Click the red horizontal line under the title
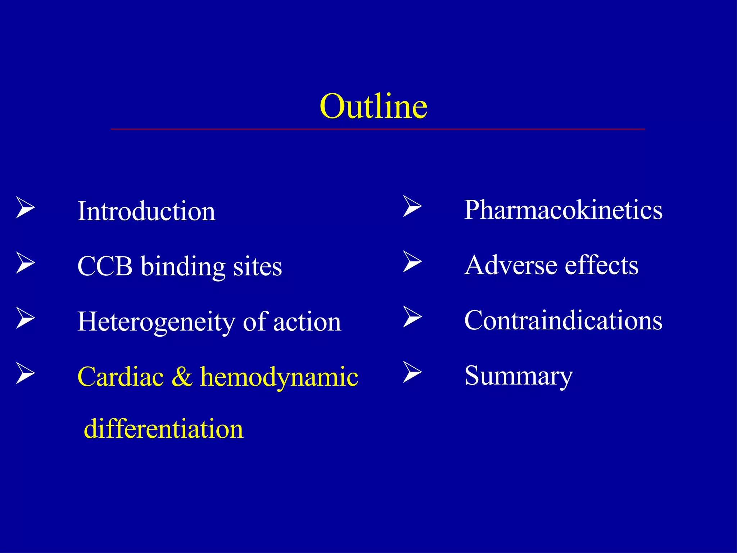coord(377,129)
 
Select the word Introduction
coord(146,211)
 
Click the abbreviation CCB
coord(105,266)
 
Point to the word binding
coord(183,267)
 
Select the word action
coord(307,322)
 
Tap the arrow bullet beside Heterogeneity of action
coord(25,318)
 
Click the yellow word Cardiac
coord(121,377)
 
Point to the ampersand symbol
coord(182,377)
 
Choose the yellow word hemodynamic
coord(279,377)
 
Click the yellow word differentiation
coord(163,429)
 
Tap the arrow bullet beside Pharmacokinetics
coord(412,206)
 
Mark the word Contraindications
coord(563,320)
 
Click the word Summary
coord(518,376)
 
